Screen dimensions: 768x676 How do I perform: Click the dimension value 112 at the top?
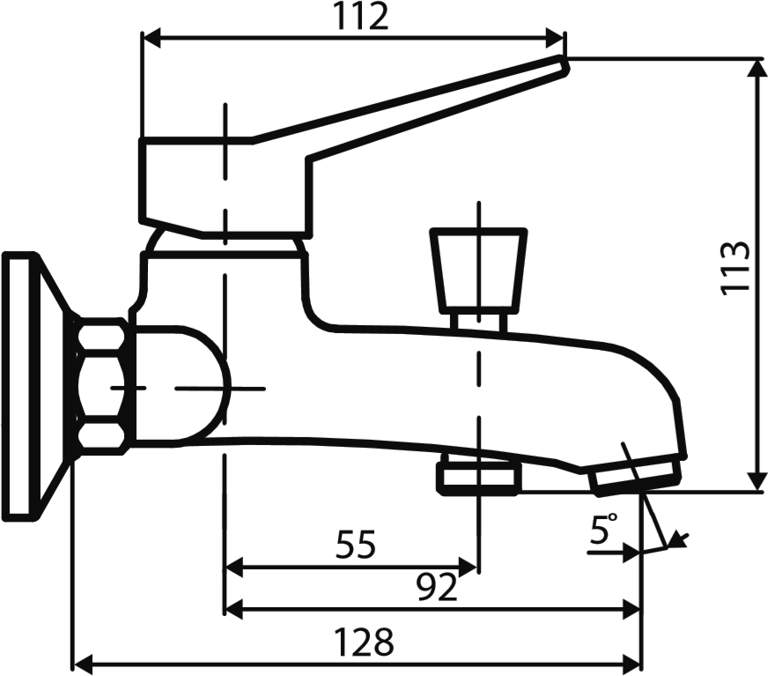click(x=361, y=16)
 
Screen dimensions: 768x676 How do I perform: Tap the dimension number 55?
click(x=356, y=544)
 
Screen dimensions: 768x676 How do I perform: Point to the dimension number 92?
click(x=437, y=587)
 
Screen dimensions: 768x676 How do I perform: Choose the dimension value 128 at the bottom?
click(x=364, y=643)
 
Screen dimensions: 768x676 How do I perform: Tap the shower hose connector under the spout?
click(x=479, y=474)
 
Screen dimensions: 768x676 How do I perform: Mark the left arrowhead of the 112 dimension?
click(x=151, y=38)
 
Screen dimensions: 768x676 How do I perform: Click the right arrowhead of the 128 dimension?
click(x=631, y=665)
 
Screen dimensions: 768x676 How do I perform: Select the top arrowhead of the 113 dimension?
click(x=757, y=69)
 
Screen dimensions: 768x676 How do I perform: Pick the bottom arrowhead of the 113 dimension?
click(x=757, y=481)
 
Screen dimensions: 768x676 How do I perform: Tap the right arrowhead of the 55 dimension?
click(x=469, y=568)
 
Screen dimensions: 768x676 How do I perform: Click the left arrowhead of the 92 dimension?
click(x=233, y=610)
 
